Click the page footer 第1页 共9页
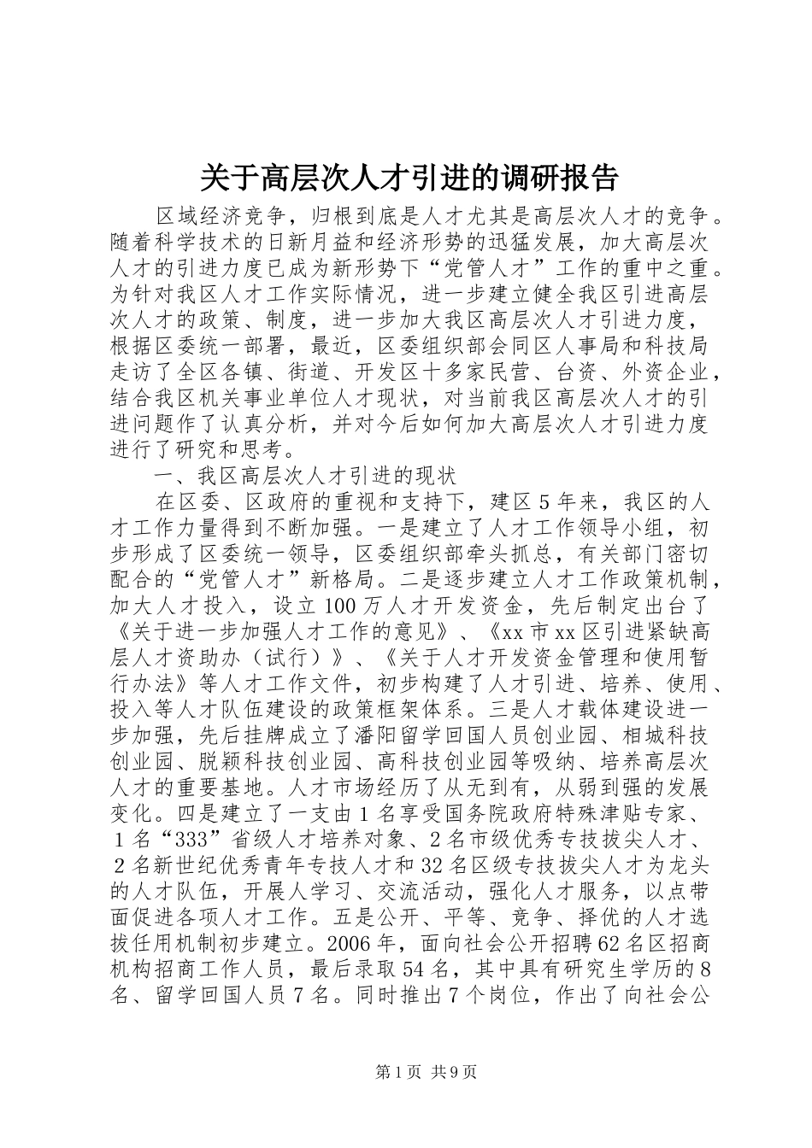tap(405, 1072)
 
